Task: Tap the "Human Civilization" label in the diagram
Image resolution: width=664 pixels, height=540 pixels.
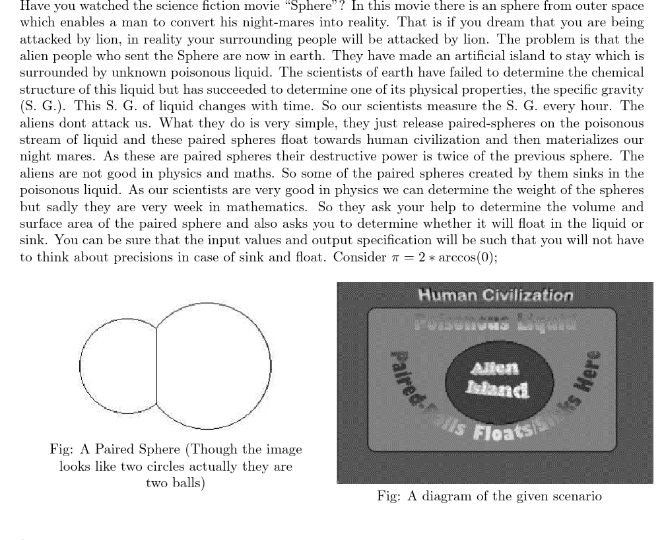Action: point(495,295)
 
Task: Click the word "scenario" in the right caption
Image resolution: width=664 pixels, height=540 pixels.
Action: point(574,496)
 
